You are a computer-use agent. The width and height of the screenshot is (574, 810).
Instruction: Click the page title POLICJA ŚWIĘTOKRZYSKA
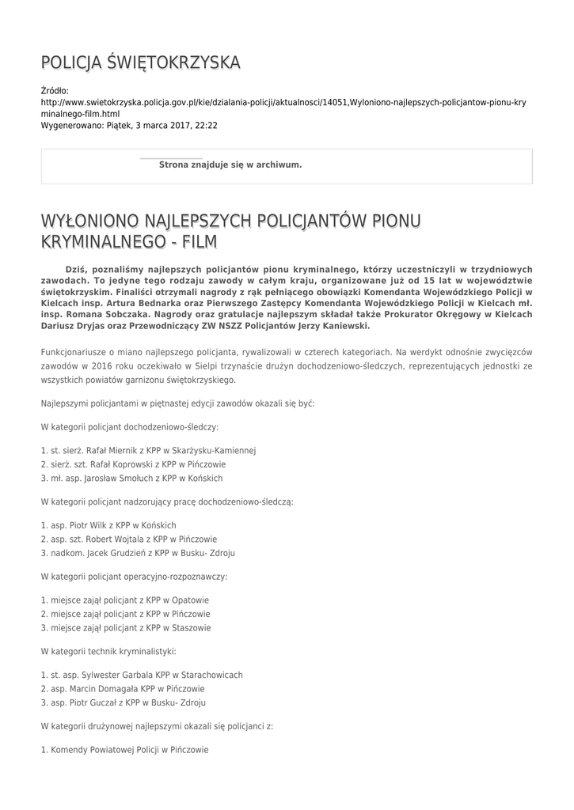pyautogui.click(x=140, y=62)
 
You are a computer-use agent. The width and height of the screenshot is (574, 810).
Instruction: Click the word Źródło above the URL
pyautogui.click(x=55, y=91)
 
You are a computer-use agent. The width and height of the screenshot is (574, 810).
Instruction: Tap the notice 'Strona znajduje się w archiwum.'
pyautogui.click(x=230, y=165)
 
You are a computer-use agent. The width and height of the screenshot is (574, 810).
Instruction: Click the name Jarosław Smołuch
pyautogui.click(x=120, y=479)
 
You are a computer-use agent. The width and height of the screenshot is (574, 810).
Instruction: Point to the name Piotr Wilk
pyautogui.click(x=89, y=525)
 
